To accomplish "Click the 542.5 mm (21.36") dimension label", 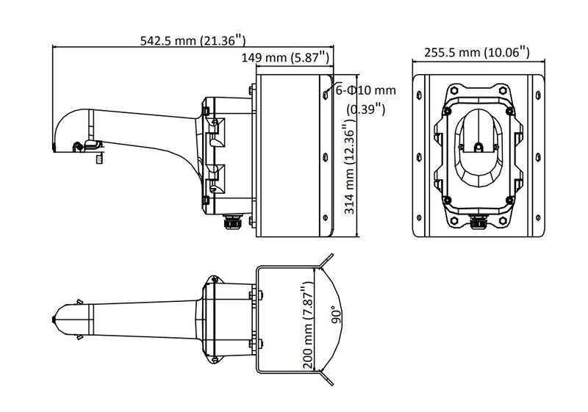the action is (x=193, y=40).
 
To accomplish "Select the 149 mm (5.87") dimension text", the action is (x=285, y=57).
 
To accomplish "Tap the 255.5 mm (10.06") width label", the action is (x=476, y=52).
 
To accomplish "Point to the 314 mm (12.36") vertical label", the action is (x=350, y=166).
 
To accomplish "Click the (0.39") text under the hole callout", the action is (x=365, y=109).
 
